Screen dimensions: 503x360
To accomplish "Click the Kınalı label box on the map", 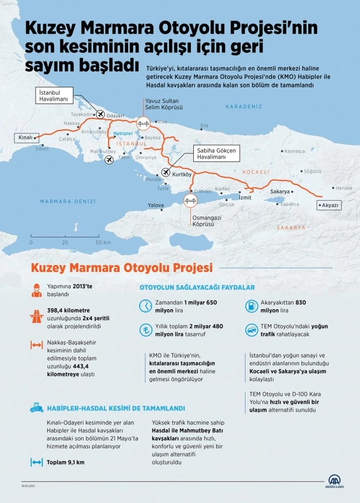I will [x=24, y=138].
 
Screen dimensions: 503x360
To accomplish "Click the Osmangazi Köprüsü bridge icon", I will [x=190, y=201].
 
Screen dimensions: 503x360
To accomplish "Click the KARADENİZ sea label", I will [x=243, y=107].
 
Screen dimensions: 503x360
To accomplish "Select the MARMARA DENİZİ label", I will [x=68, y=201].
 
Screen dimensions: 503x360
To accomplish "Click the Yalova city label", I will [x=156, y=205].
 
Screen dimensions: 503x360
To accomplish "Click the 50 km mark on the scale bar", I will [x=103, y=243].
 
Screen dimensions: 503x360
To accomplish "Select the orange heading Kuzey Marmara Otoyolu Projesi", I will [x=121, y=267].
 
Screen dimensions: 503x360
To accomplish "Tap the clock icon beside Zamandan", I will [x=147, y=305].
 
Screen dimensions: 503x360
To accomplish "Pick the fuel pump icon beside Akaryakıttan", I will [x=251, y=305].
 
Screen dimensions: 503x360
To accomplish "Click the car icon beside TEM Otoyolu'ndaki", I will [x=251, y=330].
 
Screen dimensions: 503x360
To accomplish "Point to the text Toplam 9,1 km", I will [x=65, y=462].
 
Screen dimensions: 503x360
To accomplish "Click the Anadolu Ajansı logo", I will [x=335, y=481].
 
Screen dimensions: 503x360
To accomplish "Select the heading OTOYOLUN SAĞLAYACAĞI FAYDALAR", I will [x=197, y=287].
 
